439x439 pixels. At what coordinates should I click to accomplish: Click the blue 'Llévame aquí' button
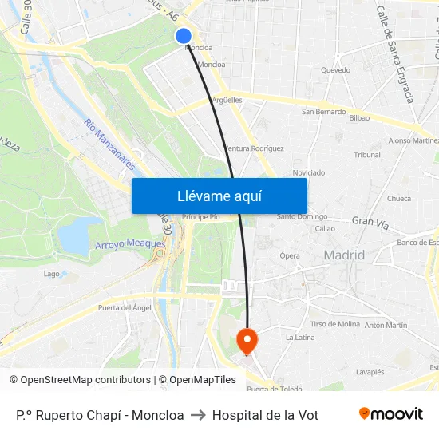(x=219, y=196)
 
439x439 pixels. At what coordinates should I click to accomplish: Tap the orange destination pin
(x=247, y=341)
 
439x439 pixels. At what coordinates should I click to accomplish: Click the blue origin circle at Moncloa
(x=184, y=35)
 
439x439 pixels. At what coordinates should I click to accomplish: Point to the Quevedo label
(x=335, y=70)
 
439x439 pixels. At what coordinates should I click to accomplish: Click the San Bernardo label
(x=323, y=112)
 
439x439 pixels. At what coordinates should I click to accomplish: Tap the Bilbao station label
(x=359, y=117)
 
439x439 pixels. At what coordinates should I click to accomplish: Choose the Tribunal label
(x=367, y=155)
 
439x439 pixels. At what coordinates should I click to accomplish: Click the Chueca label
(x=399, y=199)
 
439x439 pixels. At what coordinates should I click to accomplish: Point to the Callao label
(x=325, y=228)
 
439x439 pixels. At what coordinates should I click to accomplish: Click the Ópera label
(x=290, y=255)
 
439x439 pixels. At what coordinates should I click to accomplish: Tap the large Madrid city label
(x=344, y=255)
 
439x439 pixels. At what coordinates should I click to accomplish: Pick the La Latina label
(x=299, y=338)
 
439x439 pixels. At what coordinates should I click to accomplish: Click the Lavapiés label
(x=370, y=372)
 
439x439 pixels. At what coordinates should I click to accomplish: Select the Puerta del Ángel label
(x=125, y=307)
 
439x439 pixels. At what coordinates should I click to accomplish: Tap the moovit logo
(x=390, y=414)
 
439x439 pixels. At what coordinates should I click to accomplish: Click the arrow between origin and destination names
(x=198, y=415)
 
